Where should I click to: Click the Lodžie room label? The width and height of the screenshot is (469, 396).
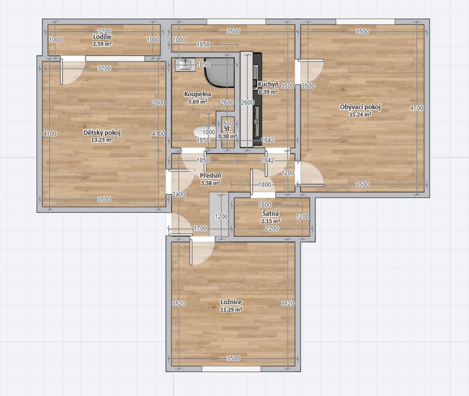102,37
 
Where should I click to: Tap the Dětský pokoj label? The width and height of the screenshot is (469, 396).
102,132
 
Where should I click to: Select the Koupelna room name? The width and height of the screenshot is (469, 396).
197,94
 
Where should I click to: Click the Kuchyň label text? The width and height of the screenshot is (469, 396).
268,84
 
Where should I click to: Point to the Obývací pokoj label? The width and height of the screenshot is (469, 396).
360,107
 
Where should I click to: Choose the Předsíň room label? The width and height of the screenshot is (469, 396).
211,176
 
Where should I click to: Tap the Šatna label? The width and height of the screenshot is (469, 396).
271,214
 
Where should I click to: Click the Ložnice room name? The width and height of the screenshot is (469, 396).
231,302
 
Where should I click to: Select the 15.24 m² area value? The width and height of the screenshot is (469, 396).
360,114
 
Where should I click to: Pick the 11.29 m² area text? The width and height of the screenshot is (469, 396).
231,310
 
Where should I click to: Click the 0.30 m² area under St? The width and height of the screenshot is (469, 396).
227,136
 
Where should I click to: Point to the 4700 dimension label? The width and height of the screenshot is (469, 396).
417,108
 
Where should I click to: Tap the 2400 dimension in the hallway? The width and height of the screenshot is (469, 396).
179,194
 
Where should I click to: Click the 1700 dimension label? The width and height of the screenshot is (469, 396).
200,229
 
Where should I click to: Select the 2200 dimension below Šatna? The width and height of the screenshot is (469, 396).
272,229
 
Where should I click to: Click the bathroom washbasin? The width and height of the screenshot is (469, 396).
185,64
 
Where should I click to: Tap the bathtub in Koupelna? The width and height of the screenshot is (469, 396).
219,72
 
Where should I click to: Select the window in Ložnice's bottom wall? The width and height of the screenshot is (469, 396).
232,369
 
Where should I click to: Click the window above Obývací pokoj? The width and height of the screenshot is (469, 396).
365,21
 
